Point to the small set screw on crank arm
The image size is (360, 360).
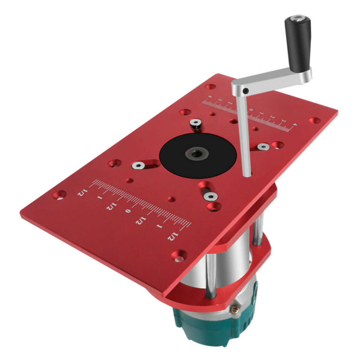click(246, 91)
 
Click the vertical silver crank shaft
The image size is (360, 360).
click(244, 135)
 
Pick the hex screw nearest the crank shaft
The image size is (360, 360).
click(263, 147)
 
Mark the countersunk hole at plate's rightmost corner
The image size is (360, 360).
click(314, 120)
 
